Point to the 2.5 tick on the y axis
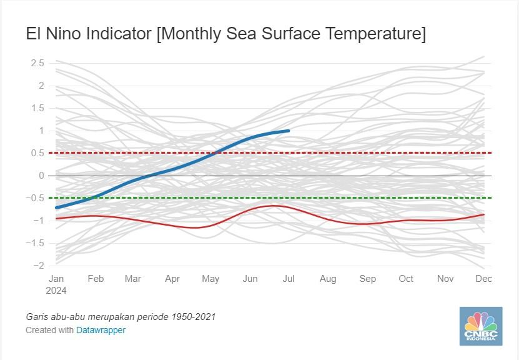point(37,63)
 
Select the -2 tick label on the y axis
point(39,266)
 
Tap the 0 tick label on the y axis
point(42,176)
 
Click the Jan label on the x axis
point(56,279)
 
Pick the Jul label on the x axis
point(289,279)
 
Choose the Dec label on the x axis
point(484,279)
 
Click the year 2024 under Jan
point(56,290)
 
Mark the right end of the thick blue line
point(288,131)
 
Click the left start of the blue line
point(57,207)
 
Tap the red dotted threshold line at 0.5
point(375,153)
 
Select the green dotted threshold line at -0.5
point(375,198)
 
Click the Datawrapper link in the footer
point(101,330)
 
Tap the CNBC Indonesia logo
point(480,325)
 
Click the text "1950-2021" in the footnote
point(194,317)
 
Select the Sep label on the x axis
point(368,279)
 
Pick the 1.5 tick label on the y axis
point(37,108)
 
